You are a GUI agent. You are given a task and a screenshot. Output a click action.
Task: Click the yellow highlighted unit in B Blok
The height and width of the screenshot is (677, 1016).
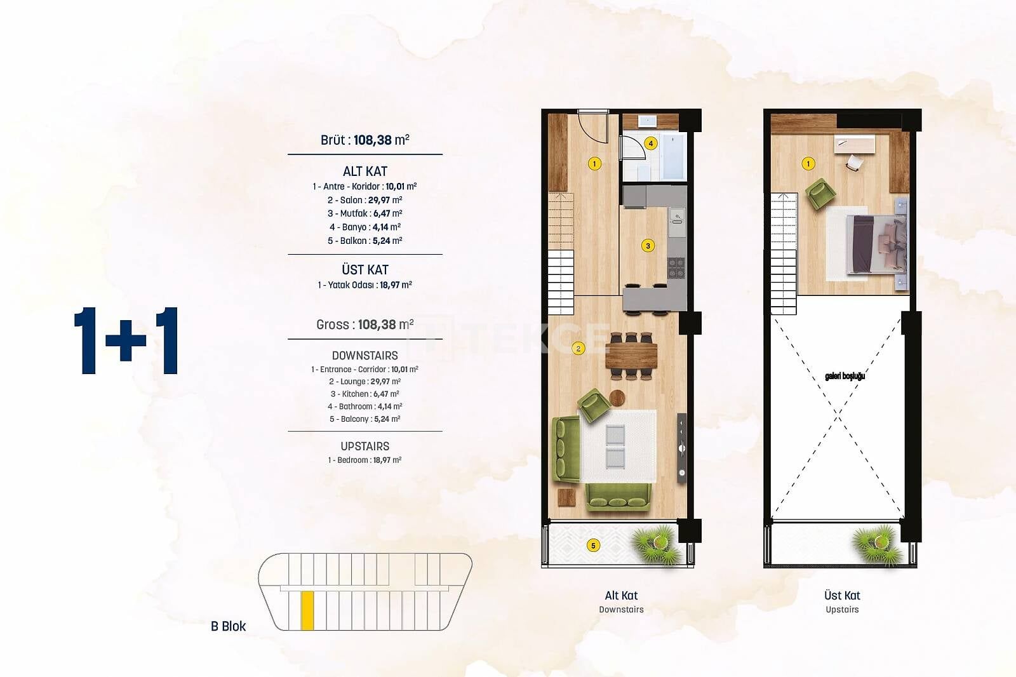click(x=307, y=610)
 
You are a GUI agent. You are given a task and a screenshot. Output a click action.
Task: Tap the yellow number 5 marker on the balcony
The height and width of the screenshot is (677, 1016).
click(x=593, y=546)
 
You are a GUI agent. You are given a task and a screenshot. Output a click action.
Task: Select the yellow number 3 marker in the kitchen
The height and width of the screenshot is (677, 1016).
click(x=648, y=246)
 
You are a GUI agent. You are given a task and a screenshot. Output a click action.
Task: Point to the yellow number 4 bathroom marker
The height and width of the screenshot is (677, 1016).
click(x=650, y=144)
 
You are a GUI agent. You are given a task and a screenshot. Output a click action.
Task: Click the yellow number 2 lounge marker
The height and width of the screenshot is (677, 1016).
click(x=578, y=349)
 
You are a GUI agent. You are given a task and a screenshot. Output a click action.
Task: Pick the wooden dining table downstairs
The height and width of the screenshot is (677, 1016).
click(x=631, y=356)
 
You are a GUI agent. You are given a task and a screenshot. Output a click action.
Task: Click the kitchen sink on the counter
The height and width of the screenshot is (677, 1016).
click(x=677, y=217)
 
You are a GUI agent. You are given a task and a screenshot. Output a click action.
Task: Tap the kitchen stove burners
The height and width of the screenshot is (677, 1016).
click(x=676, y=268)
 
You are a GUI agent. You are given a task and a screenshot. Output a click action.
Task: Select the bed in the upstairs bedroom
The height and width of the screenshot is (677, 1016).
click(x=877, y=245)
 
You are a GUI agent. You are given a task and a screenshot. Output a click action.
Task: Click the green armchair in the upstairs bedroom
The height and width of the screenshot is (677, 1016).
click(x=820, y=194)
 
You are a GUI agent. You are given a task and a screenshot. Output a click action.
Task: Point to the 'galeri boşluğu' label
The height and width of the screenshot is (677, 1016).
click(x=845, y=376)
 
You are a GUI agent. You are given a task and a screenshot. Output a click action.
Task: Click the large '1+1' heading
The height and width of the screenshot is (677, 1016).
click(x=126, y=340)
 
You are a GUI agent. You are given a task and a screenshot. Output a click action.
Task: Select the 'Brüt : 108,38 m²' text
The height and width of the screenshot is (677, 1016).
click(x=364, y=140)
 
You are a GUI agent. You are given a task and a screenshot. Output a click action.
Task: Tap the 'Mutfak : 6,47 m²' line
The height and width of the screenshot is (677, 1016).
click(x=364, y=213)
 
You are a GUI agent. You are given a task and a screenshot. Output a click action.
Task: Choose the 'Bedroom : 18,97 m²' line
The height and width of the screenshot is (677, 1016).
click(x=364, y=460)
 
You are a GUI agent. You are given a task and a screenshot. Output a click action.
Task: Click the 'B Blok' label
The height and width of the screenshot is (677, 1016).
click(x=228, y=626)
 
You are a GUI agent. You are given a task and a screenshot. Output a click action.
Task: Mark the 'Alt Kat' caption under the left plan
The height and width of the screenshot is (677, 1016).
click(x=621, y=595)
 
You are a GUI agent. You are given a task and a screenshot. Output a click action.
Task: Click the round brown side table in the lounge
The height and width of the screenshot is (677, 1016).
click(x=617, y=398)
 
